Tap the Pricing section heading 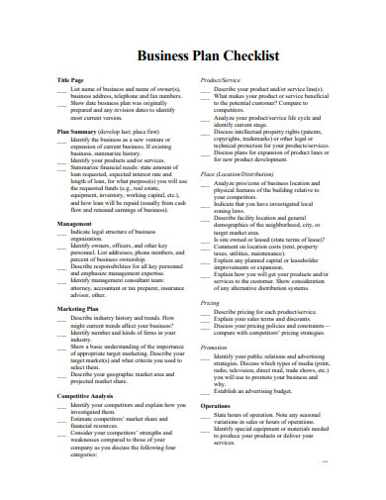tap(210, 302)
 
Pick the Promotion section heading tap(214, 348)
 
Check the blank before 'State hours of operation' tap(205, 416)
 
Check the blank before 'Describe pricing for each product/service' tap(205, 312)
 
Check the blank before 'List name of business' tap(62, 88)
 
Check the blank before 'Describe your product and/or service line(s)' tap(205, 88)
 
